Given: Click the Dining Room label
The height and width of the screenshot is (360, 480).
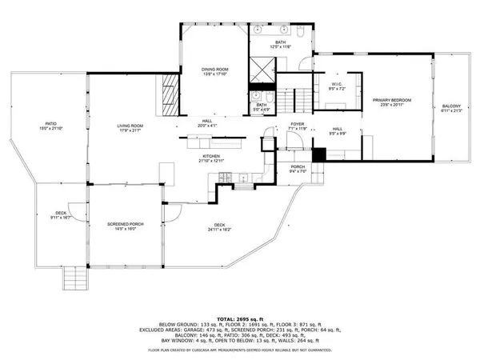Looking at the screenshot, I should (214, 70).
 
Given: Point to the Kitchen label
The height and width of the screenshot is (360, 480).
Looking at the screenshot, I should (211, 156).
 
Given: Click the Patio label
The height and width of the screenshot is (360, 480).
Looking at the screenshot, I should (49, 125).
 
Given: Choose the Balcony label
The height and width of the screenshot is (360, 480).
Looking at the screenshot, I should (451, 106).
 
